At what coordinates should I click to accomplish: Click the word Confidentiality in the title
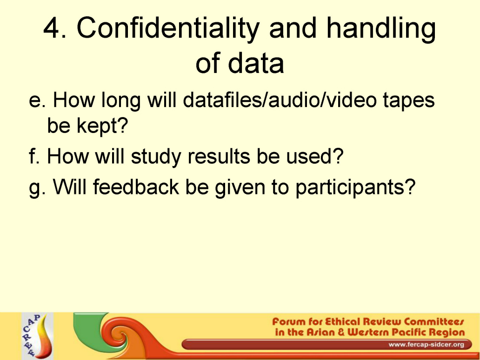[168, 28]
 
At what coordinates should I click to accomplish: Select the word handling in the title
[381, 28]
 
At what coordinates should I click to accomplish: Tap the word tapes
[409, 102]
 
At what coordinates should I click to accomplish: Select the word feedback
[136, 186]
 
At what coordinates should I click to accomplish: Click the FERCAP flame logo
[38, 336]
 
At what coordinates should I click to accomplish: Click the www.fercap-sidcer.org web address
[426, 345]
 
